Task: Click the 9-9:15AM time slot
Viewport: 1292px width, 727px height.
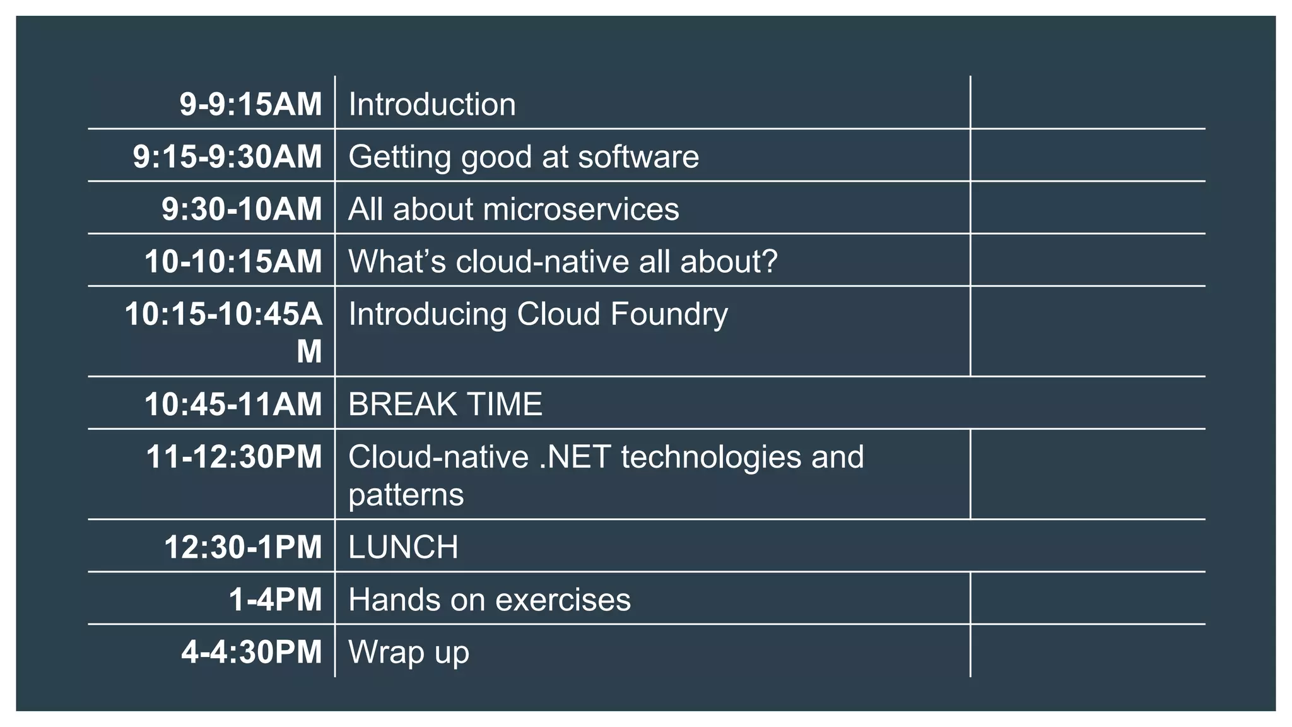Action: [x=250, y=104]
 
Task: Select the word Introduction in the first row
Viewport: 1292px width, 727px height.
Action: [x=432, y=104]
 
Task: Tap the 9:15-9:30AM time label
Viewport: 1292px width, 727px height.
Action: [x=227, y=157]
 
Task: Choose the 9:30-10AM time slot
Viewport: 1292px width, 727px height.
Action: [x=242, y=210]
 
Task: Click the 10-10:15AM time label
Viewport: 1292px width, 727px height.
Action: [x=233, y=261]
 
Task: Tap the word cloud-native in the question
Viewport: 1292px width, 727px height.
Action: [x=543, y=261]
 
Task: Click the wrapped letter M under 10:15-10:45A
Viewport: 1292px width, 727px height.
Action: [x=309, y=352]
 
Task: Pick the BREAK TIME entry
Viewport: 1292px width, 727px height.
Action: [x=445, y=404]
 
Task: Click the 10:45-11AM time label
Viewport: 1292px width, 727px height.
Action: [x=233, y=404]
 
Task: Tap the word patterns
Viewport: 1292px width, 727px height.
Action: [x=406, y=494]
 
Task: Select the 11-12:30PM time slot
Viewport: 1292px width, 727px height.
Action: [x=233, y=457]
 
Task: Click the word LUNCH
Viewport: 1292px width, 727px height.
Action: [x=403, y=547]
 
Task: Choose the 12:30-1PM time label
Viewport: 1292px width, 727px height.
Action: [x=243, y=547]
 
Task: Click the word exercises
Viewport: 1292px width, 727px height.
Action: [x=563, y=600]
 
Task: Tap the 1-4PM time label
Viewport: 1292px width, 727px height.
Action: [x=275, y=600]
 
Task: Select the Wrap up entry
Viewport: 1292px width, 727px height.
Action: [x=408, y=653]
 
